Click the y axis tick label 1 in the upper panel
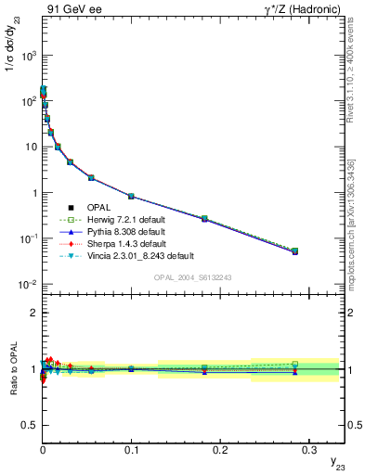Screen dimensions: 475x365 point(33,193)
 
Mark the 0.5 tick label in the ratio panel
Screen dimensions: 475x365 point(29,426)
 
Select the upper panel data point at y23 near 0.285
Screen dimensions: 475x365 point(294,250)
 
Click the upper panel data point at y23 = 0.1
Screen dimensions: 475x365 point(131,197)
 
